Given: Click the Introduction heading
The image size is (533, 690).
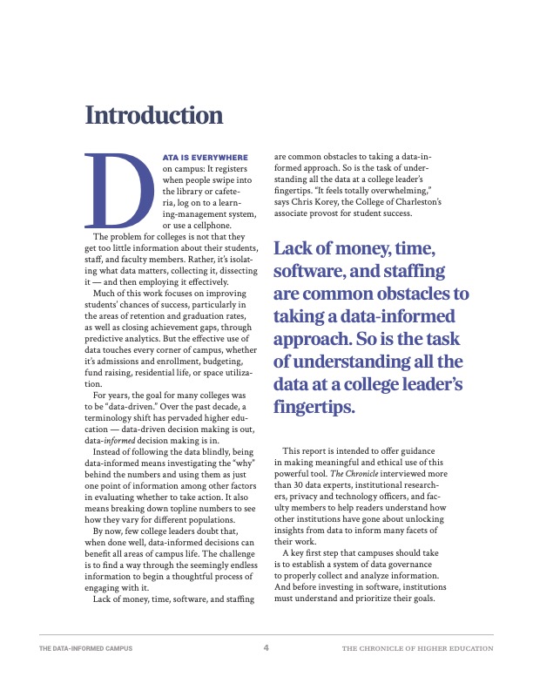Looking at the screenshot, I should [x=153, y=115].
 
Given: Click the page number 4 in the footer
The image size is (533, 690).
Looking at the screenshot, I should [x=266, y=648].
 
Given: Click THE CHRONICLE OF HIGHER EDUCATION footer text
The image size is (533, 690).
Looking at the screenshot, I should [x=417, y=649].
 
